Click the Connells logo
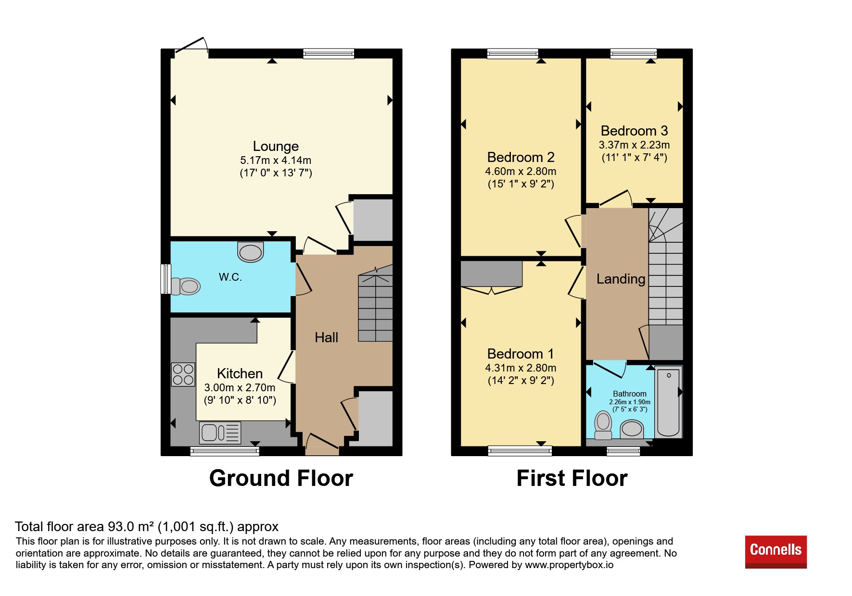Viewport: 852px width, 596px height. (x=776, y=552)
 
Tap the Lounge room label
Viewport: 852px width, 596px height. (x=276, y=146)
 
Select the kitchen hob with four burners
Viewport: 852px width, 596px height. (x=183, y=374)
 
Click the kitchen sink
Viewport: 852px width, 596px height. (x=220, y=433)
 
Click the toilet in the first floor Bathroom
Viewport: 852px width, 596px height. (x=603, y=425)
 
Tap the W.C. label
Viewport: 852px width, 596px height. (x=230, y=277)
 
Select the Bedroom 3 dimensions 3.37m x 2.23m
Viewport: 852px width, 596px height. (x=634, y=145)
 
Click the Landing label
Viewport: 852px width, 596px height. (x=621, y=279)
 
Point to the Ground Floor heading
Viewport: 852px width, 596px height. (x=281, y=478)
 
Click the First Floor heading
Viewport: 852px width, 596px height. (x=572, y=478)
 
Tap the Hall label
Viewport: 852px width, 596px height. (x=326, y=337)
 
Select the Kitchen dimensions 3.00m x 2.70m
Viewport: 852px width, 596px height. (x=240, y=387)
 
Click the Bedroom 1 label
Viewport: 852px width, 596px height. (x=521, y=354)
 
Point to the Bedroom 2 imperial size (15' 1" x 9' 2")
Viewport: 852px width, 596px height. (x=521, y=184)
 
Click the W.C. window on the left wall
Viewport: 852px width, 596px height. (x=165, y=279)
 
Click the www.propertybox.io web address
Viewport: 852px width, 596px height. (x=569, y=565)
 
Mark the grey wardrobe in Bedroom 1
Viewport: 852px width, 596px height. (x=491, y=273)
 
